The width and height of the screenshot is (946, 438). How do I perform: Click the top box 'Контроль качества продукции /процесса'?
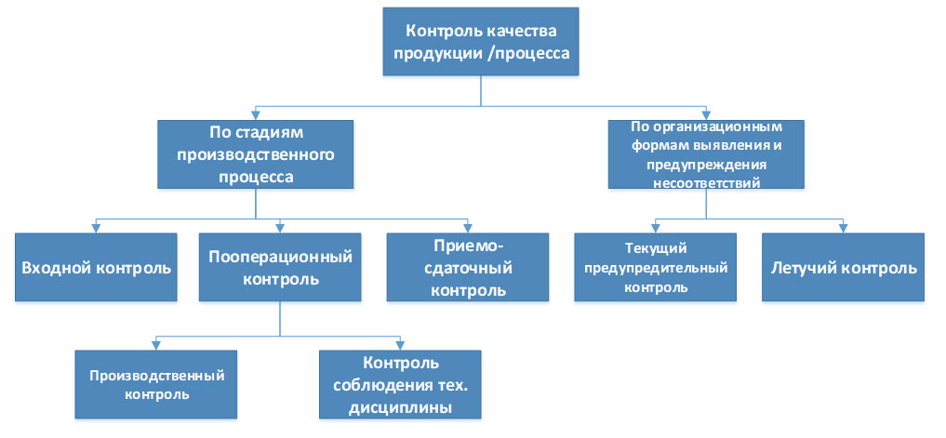tap(481, 42)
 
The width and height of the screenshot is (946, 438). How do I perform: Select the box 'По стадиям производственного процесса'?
tap(255, 153)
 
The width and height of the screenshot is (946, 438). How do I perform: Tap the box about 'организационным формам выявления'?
tap(706, 153)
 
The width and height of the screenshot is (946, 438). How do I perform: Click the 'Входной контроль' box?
tap(96, 267)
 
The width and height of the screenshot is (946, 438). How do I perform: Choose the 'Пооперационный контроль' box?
tap(280, 267)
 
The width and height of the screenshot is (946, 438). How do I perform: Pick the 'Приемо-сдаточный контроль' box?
tap(468, 267)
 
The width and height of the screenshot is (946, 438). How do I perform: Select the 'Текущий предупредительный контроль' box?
tap(655, 267)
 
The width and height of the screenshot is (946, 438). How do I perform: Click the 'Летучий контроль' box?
tap(843, 267)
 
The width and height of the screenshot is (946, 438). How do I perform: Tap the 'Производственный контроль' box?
tap(156, 384)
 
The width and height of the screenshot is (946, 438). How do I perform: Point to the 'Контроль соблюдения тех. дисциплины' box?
tap(400, 384)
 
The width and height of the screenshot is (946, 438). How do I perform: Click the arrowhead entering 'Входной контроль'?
tap(96, 229)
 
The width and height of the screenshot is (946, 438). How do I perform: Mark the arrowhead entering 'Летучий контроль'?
tap(843, 229)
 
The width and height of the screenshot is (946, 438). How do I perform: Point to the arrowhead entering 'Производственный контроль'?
tap(156, 346)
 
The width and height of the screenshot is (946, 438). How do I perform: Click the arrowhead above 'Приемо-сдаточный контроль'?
tap(468, 229)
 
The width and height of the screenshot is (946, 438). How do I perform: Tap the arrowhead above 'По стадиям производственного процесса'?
tap(255, 116)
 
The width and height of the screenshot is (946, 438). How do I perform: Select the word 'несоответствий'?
tap(706, 181)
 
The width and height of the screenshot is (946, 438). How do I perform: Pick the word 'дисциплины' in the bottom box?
tap(401, 408)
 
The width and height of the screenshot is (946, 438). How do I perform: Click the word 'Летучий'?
tap(798, 268)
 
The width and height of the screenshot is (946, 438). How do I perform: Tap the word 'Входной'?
tap(56, 268)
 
